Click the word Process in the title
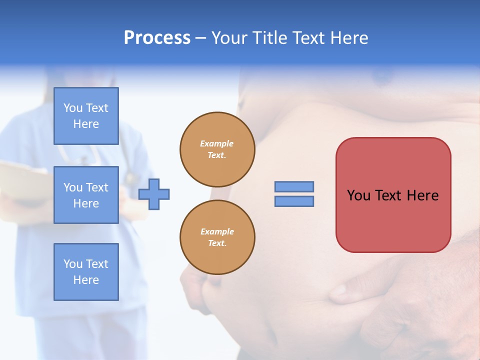click(157, 38)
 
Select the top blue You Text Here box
click(86, 116)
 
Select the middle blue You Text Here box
click(86, 195)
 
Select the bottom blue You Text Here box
click(86, 272)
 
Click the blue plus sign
click(154, 194)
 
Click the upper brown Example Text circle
click(217, 149)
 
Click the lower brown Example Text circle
click(217, 237)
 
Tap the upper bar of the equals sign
click(294, 186)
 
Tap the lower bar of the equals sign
click(294, 201)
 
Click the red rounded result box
click(393, 220)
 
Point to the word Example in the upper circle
click(217, 143)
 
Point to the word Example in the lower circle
click(217, 231)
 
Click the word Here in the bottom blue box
click(86, 280)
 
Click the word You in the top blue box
click(73, 108)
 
